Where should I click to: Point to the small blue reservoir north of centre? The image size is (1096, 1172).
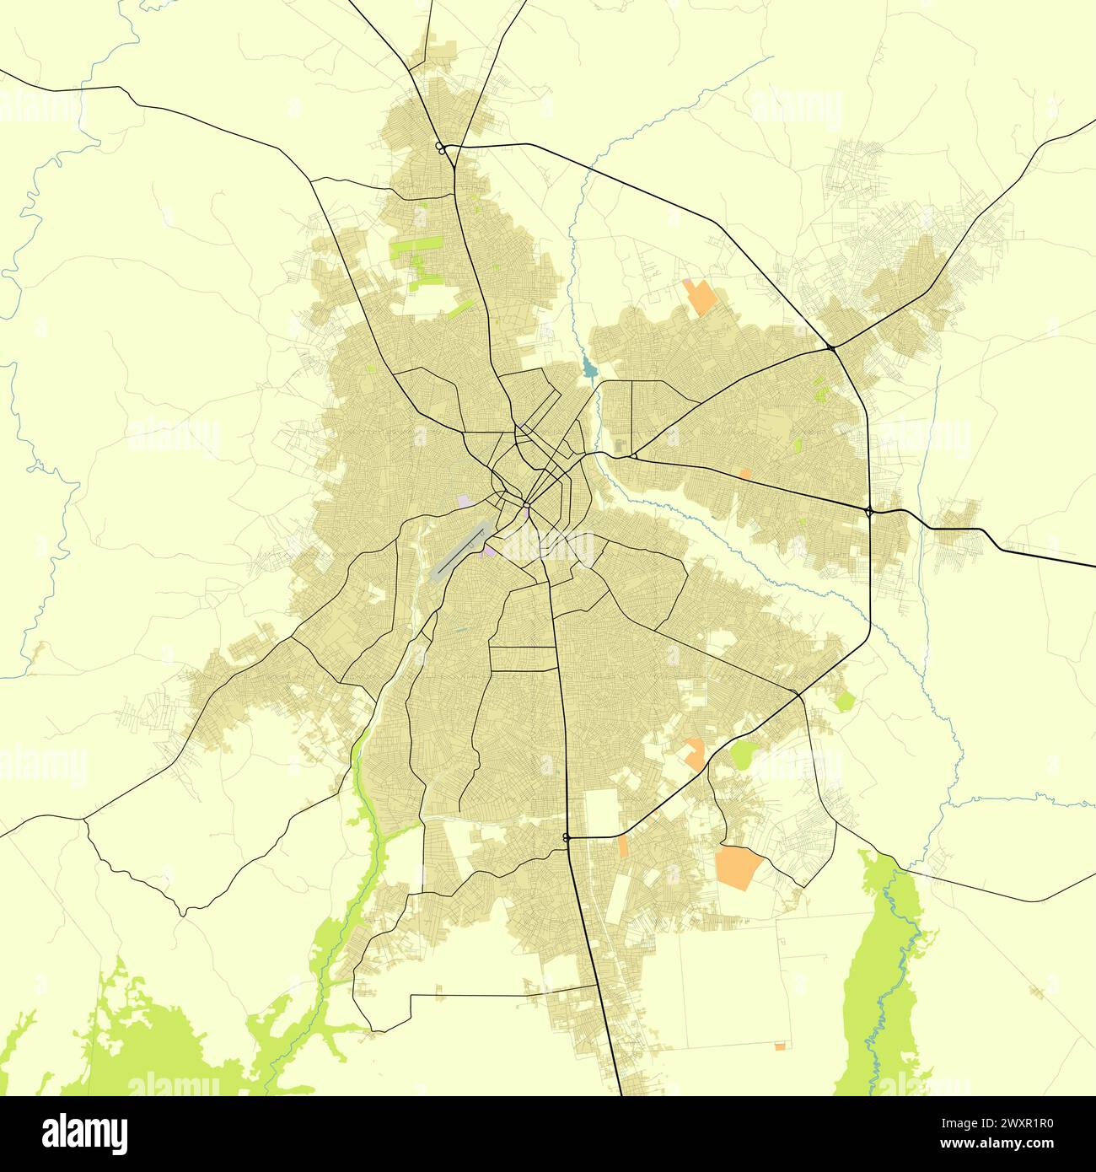[588, 368]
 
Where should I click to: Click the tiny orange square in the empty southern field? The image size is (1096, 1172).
[779, 1046]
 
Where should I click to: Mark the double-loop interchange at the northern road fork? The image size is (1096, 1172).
[441, 148]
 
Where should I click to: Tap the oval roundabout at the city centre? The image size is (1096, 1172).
[525, 506]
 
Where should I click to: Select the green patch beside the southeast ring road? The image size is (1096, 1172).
[744, 754]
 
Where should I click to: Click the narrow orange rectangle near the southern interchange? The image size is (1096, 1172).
[622, 847]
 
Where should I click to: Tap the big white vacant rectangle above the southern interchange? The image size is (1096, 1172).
[602, 810]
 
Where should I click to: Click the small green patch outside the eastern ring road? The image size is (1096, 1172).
[845, 699]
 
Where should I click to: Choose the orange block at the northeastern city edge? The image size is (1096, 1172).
[699, 297]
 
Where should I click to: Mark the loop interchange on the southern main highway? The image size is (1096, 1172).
[566, 837]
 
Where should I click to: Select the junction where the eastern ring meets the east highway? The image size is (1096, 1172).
[869, 510]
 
